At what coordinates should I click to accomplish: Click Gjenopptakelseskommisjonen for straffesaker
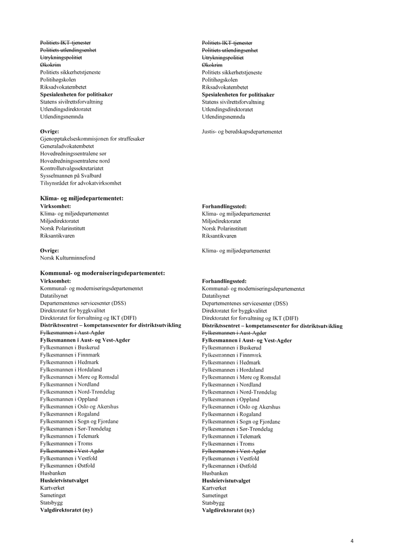coord(92,139)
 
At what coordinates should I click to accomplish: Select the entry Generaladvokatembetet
coord(67,146)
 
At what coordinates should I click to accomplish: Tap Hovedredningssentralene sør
coord(74,154)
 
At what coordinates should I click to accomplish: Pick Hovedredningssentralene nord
coord(75,161)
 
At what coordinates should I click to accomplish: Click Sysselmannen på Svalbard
coord(71,176)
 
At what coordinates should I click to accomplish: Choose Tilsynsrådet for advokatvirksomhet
coord(80,183)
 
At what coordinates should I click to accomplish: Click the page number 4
coord(352,541)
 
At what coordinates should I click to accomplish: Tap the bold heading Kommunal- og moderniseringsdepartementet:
coord(103,273)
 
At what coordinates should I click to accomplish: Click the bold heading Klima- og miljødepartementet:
coord(82,198)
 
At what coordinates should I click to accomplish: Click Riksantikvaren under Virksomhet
coord(57,235)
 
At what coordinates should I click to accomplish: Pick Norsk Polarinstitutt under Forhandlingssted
coord(224,228)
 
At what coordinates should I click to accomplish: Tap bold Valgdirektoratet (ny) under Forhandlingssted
coord(228,510)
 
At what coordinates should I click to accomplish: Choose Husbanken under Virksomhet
coord(53,473)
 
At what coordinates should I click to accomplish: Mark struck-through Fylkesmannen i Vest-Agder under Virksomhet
coord(72,451)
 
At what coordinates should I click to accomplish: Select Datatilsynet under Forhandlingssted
coord(216,296)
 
